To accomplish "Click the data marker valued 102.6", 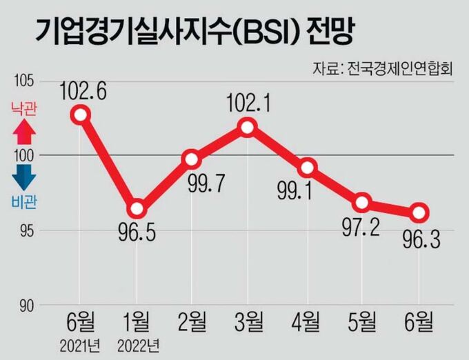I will point(81,114).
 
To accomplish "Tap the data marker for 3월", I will point(247,127).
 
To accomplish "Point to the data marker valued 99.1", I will point(308,168).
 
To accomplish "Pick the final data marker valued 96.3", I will point(419,212).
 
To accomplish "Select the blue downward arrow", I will point(23,177).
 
